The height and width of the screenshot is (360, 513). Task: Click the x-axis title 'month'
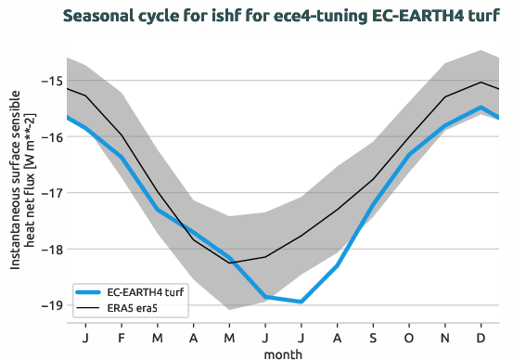(283, 353)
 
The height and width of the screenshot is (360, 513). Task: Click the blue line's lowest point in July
(301, 302)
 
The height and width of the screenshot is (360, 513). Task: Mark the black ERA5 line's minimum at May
(230, 263)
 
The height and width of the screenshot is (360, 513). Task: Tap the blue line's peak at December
(481, 107)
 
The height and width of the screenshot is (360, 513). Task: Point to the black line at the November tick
(445, 96)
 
